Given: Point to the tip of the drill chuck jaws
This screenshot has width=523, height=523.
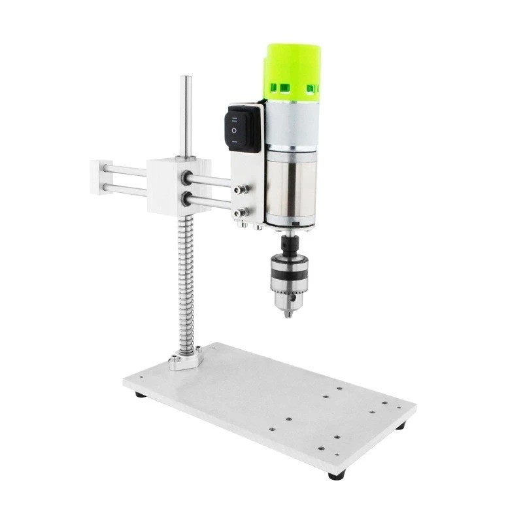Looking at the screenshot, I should pyautogui.click(x=288, y=314).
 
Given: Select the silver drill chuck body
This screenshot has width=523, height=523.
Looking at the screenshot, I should pyautogui.click(x=288, y=282).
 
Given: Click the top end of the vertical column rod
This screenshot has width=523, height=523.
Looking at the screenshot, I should pyautogui.click(x=186, y=80).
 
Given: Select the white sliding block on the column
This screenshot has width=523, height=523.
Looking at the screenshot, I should pyautogui.click(x=169, y=184).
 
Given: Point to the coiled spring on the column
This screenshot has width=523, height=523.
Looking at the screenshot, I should pyautogui.click(x=186, y=281).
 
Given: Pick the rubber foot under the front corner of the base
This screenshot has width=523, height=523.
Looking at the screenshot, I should pyautogui.click(x=336, y=476).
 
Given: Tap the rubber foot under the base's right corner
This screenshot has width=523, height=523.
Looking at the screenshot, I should pyautogui.click(x=400, y=426).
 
